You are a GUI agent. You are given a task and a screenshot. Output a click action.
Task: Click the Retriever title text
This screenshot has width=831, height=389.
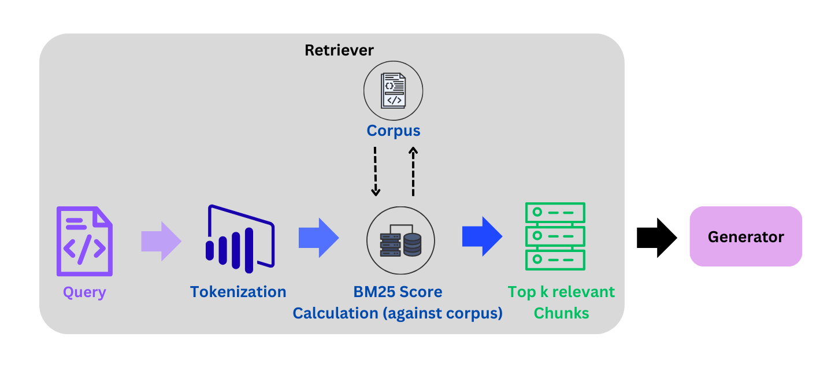pyautogui.click(x=339, y=50)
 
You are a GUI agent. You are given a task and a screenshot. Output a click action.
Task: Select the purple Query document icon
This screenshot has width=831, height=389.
pyautogui.click(x=84, y=241)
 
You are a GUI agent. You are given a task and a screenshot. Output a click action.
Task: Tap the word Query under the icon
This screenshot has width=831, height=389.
pyautogui.click(x=84, y=292)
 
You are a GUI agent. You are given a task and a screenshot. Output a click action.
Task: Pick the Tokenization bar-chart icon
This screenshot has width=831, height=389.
pyautogui.click(x=239, y=239)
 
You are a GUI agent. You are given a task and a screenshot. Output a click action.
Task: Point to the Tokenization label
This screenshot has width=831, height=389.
pyautogui.click(x=238, y=292)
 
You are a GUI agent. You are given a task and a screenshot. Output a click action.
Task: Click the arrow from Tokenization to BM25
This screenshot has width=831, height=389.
pyautogui.click(x=318, y=238)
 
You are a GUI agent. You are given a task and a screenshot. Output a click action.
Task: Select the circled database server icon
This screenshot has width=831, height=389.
pyautogui.click(x=400, y=240)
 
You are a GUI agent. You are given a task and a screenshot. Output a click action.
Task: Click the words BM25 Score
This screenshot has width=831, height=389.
pyautogui.click(x=397, y=292)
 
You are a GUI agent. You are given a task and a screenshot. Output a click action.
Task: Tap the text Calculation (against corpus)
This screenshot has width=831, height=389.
pyautogui.click(x=397, y=313)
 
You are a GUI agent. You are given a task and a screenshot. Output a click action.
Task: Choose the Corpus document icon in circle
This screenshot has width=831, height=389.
pyautogui.click(x=393, y=91)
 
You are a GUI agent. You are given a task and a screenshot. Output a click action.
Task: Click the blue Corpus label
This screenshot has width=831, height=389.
pyautogui.click(x=393, y=131)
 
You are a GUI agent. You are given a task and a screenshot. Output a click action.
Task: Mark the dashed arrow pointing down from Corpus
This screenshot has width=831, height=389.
pyautogui.click(x=375, y=171)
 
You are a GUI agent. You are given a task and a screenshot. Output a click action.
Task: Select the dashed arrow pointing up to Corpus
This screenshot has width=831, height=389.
pyautogui.click(x=413, y=171)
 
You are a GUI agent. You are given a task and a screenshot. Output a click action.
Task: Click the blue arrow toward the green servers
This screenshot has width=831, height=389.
pyautogui.click(x=482, y=236)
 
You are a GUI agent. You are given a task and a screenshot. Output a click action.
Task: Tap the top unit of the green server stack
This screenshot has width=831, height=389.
pyautogui.click(x=555, y=212)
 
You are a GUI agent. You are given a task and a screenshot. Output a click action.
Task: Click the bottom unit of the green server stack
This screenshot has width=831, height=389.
pyautogui.click(x=555, y=260)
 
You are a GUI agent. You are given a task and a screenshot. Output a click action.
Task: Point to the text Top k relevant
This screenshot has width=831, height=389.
pyautogui.click(x=561, y=292)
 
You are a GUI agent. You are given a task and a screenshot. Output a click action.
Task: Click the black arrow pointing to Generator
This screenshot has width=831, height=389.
pyautogui.click(x=656, y=237)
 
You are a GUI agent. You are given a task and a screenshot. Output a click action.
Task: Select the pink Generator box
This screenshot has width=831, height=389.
pyautogui.click(x=745, y=236)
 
